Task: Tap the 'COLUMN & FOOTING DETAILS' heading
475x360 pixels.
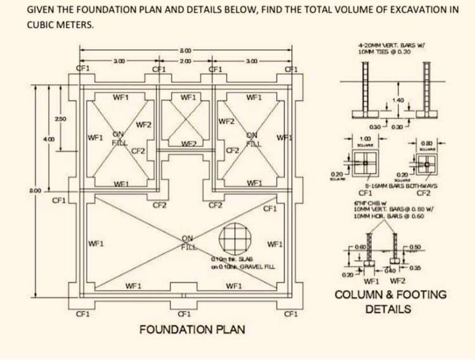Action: point(392,302)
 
